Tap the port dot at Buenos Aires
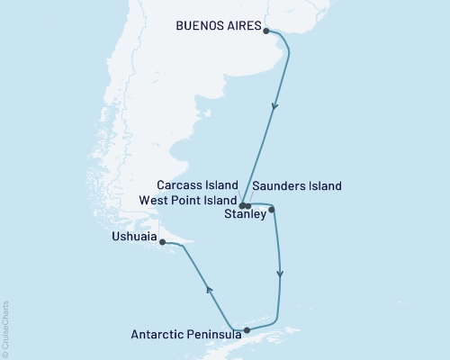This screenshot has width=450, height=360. pos(265,31)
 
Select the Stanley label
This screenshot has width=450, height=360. pos(245,214)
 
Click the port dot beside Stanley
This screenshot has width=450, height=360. pos(272,210)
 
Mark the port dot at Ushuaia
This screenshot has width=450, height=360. pos(162,241)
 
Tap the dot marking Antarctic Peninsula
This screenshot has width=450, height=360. pos(247,330)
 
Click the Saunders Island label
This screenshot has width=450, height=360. pos(298,186)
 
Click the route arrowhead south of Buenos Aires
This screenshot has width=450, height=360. pos(275,106)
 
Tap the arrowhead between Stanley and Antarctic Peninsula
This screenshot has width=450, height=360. pos(281,274)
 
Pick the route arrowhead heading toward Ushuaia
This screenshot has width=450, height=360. pos(209,289)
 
